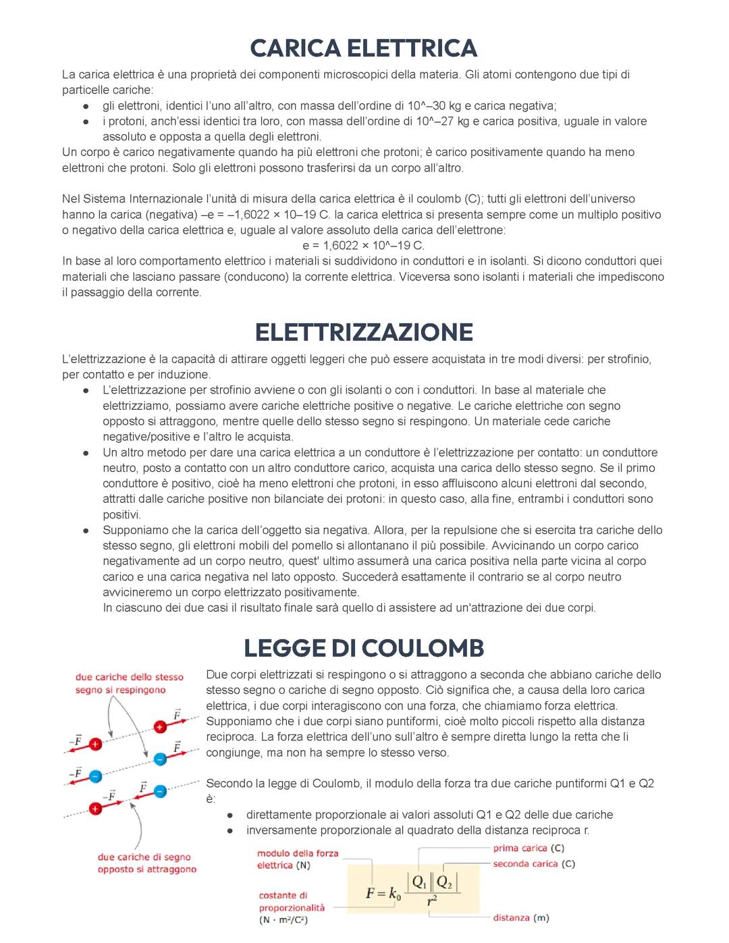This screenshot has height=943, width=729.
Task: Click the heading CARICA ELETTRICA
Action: (x=364, y=48)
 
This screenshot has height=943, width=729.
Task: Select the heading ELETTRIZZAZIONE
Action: (x=364, y=332)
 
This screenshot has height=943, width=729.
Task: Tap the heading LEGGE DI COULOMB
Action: (x=364, y=648)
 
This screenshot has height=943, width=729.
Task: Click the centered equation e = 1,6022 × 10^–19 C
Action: (x=364, y=246)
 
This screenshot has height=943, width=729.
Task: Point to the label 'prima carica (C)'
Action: (x=528, y=848)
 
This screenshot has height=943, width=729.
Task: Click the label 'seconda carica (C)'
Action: (x=533, y=864)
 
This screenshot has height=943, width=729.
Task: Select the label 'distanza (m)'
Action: (x=520, y=918)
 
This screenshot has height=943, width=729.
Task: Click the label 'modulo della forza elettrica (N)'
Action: (x=297, y=859)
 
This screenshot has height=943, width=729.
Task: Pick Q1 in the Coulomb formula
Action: (x=419, y=882)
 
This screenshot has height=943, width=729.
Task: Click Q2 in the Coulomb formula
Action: (x=445, y=882)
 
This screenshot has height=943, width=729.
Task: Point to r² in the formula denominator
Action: (x=432, y=901)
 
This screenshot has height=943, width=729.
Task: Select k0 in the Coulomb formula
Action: (x=395, y=894)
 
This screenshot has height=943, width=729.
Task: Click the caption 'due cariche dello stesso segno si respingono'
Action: (x=129, y=683)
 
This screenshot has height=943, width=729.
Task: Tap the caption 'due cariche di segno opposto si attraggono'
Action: (x=146, y=863)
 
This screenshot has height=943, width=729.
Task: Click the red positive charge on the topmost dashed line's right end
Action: (x=160, y=727)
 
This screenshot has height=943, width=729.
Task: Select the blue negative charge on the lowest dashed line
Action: (x=160, y=791)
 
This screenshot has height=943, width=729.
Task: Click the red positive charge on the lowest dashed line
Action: (x=96, y=808)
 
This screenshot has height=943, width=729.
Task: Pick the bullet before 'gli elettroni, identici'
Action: (x=86, y=107)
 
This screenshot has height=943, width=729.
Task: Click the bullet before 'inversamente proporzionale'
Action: (x=230, y=831)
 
